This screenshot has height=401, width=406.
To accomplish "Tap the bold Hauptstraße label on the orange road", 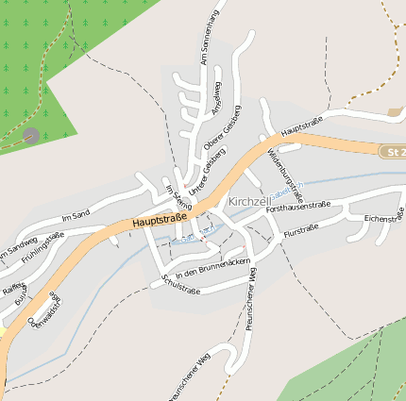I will (160, 219).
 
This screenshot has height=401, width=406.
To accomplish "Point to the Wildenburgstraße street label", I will (285, 172).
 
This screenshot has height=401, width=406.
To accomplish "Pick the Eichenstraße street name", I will (383, 218).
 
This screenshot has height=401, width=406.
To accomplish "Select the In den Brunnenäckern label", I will (212, 266).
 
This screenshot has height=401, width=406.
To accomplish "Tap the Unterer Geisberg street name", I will (202, 175).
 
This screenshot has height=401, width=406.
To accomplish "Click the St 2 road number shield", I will (394, 151).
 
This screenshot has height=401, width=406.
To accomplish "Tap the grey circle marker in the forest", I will (31, 136).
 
